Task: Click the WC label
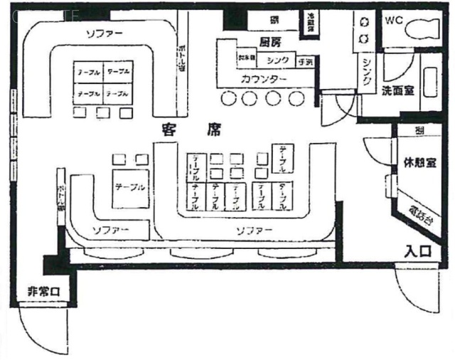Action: pyautogui.click(x=394, y=21)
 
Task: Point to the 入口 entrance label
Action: pyautogui.click(x=418, y=250)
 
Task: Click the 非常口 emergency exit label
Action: pyautogui.click(x=42, y=290)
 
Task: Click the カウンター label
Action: pyautogui.click(x=264, y=77)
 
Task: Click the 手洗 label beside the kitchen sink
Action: pyautogui.click(x=307, y=60)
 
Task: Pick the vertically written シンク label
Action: pyautogui.click(x=366, y=73)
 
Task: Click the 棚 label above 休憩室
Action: pyautogui.click(x=420, y=131)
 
